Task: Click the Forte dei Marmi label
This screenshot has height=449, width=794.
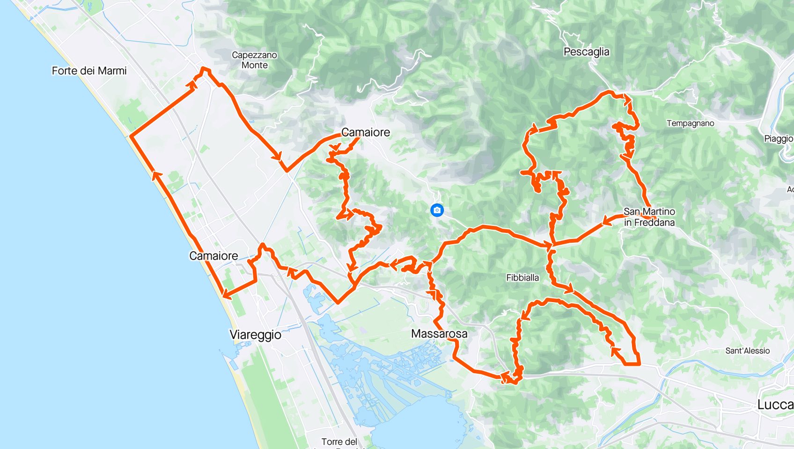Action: (x=89, y=71)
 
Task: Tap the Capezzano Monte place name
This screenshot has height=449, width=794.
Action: (x=254, y=60)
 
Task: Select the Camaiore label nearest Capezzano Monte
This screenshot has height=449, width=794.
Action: (x=366, y=132)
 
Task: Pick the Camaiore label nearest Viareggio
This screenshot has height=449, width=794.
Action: (x=213, y=256)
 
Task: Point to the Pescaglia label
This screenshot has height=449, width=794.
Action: (x=586, y=52)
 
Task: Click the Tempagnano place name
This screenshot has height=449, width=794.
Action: (x=690, y=123)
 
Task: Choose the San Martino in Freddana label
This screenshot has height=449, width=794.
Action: (x=649, y=217)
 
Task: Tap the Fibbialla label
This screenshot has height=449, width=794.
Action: (x=522, y=278)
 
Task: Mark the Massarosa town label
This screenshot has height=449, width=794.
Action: (x=439, y=333)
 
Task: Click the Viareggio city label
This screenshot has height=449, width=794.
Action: (x=255, y=335)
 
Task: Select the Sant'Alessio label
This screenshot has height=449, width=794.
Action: (x=747, y=351)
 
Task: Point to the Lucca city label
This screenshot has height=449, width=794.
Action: (x=775, y=405)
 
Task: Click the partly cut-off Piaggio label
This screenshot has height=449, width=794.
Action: (x=779, y=139)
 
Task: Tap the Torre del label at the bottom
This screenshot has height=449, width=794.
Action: (x=339, y=442)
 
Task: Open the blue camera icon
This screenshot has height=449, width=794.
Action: (x=437, y=210)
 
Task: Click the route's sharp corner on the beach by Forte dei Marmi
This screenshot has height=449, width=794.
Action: (x=130, y=137)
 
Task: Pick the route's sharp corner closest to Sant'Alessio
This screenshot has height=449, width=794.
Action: (x=639, y=363)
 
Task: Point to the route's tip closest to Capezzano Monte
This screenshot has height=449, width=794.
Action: (x=204, y=69)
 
